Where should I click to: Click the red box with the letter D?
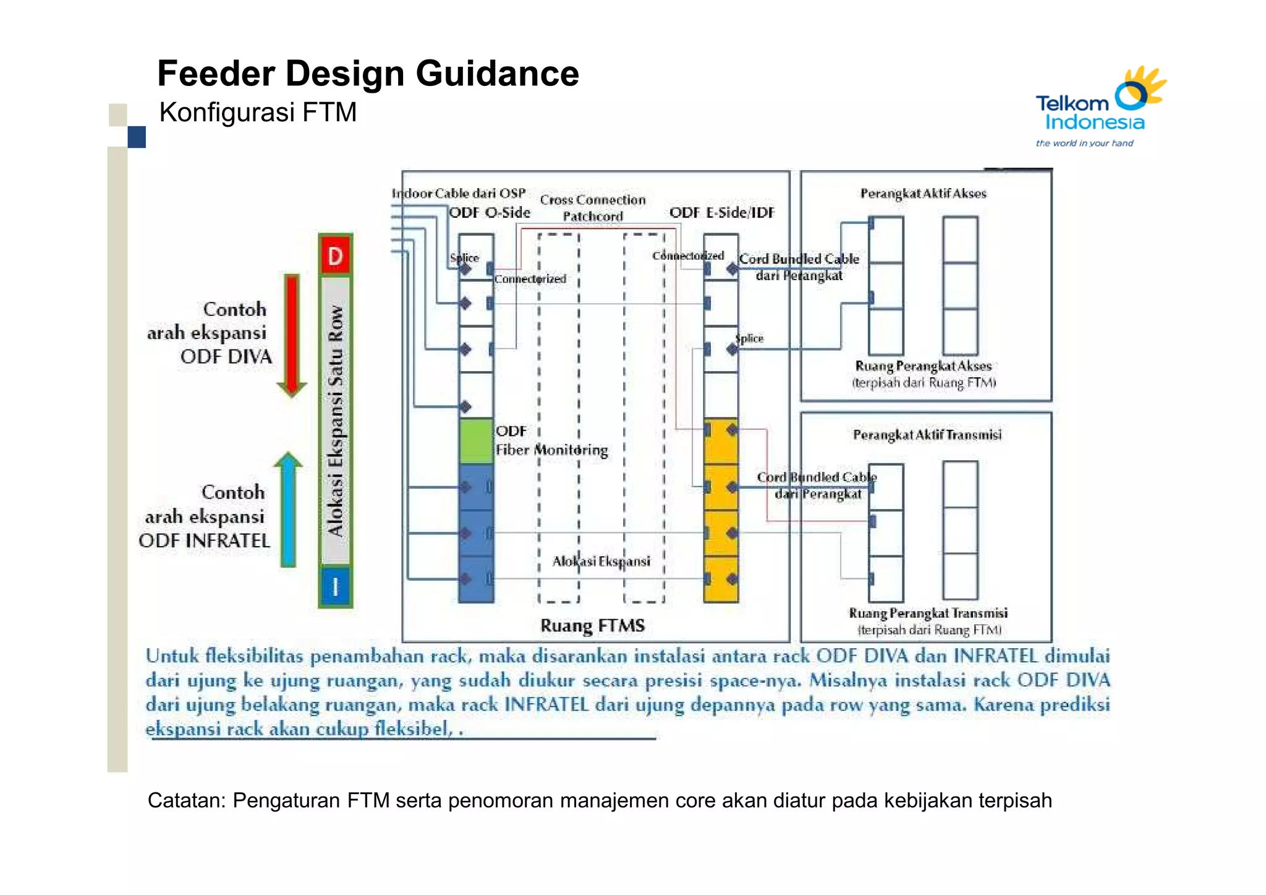(x=335, y=255)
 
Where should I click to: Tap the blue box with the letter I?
(x=335, y=586)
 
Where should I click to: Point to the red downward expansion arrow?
(x=292, y=334)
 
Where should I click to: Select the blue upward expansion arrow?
(x=288, y=510)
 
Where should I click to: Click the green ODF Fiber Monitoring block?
(x=475, y=440)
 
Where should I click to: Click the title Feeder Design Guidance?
(x=368, y=74)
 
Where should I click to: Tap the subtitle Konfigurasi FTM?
(x=258, y=113)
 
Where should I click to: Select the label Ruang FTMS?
(x=592, y=625)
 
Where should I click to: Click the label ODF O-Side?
(x=489, y=213)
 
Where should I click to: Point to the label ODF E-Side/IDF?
(x=721, y=213)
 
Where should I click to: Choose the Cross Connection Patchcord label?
(x=592, y=208)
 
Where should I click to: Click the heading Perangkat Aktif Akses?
(x=923, y=194)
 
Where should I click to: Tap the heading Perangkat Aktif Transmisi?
(x=927, y=435)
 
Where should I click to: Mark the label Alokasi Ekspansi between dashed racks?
(x=601, y=561)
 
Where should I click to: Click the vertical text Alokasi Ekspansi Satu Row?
(x=335, y=421)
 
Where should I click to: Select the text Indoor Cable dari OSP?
(x=459, y=194)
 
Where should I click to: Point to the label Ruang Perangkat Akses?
(x=923, y=366)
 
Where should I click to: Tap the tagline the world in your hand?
(x=1084, y=143)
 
